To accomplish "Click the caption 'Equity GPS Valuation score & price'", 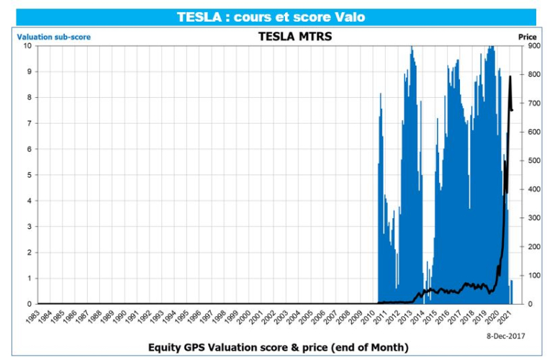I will (x=278, y=348).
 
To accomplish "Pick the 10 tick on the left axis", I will (x=27, y=46).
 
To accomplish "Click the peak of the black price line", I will (x=510, y=76).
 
